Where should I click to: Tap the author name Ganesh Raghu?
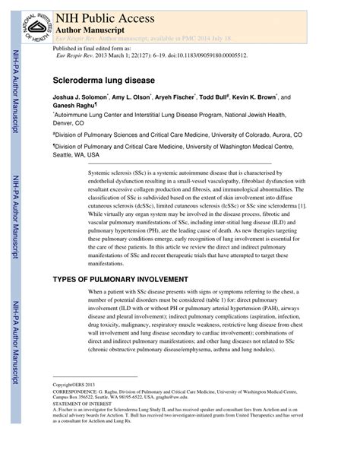tap(75, 106)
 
